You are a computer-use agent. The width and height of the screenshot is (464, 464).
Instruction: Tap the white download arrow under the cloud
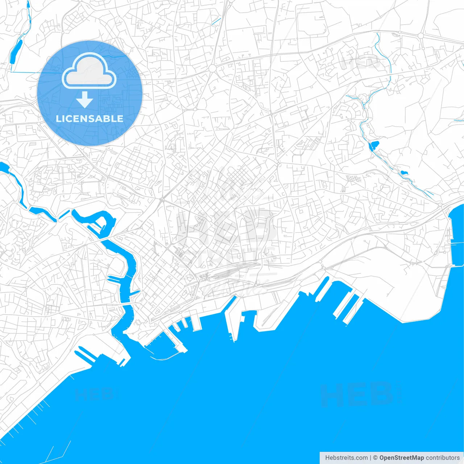click(x=85, y=100)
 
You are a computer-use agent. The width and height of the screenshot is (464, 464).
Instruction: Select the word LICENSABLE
click(x=90, y=119)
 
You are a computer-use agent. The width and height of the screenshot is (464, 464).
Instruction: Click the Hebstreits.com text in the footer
click(x=346, y=458)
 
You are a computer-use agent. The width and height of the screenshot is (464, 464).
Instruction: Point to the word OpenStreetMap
click(x=401, y=458)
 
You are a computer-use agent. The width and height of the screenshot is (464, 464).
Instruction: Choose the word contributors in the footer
click(x=442, y=458)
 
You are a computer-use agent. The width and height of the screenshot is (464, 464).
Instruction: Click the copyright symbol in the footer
click(x=375, y=458)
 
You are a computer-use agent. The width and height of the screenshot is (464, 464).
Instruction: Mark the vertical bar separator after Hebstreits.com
click(x=370, y=458)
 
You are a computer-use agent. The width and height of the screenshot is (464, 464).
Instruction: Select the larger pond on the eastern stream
click(x=374, y=145)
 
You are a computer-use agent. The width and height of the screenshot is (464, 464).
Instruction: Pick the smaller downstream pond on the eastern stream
click(x=404, y=172)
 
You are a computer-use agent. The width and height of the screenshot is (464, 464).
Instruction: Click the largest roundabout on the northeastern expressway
click(x=420, y=36)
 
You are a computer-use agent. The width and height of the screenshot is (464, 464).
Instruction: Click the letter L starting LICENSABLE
click(x=58, y=119)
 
